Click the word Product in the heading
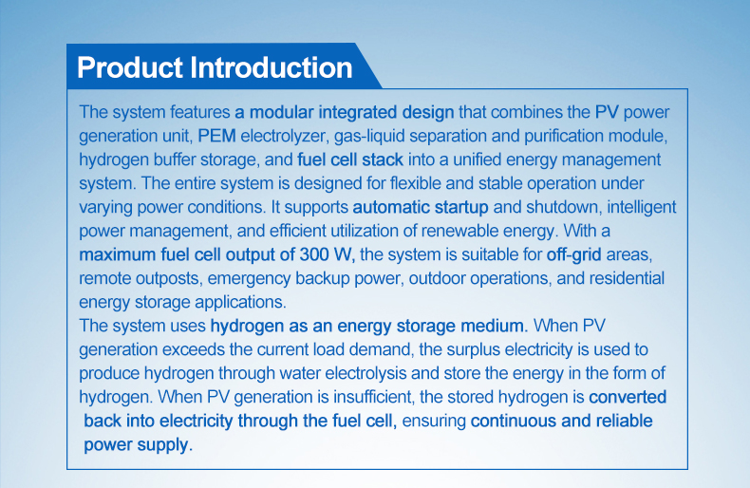pyautogui.click(x=131, y=67)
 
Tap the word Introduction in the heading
pyautogui.click(x=272, y=67)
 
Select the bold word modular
pyautogui.click(x=281, y=112)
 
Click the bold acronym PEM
pyautogui.click(x=216, y=136)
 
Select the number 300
pyautogui.click(x=314, y=254)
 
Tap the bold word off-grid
pyautogui.click(x=574, y=255)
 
